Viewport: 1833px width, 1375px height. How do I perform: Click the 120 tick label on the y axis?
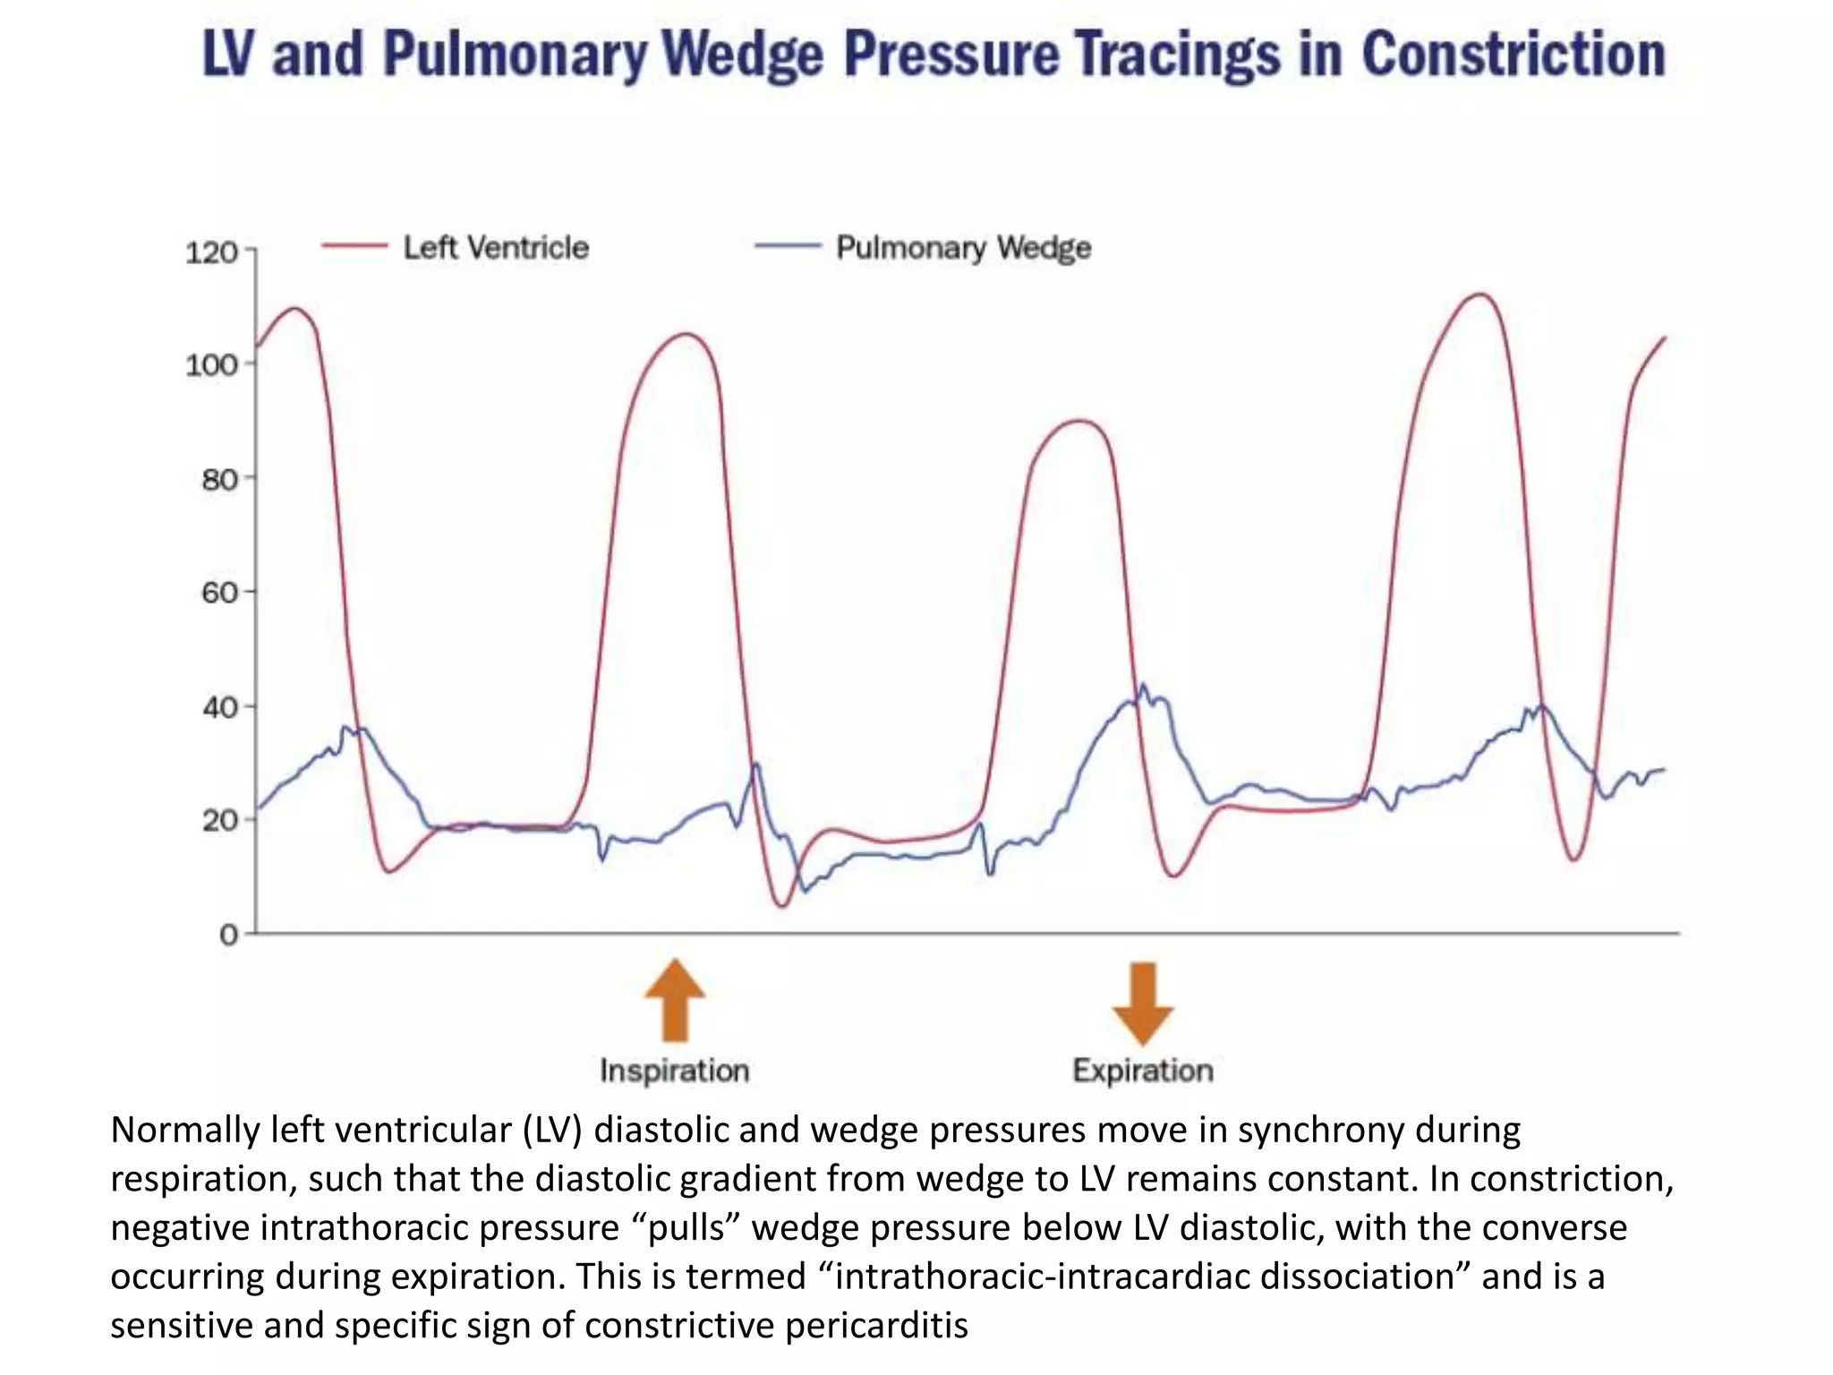pos(211,252)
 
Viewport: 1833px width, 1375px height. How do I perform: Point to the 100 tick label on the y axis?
pos(211,365)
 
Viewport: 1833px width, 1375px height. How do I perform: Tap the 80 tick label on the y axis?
pos(218,480)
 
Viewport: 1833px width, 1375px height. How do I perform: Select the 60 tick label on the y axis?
pos(218,593)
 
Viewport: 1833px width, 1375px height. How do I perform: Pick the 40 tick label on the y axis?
pos(218,707)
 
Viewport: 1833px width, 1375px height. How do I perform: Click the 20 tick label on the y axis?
pos(218,820)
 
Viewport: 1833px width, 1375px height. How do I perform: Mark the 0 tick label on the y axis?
pos(229,935)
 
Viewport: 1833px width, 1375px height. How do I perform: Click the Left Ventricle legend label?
pos(496,248)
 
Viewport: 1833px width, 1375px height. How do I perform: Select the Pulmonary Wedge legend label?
pos(963,248)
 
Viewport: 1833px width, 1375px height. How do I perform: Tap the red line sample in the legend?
pos(354,246)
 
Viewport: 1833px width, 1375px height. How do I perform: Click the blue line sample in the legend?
pos(788,245)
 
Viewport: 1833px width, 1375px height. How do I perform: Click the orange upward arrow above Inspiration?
pos(676,1000)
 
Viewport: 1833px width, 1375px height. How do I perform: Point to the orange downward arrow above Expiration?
pos(1143,1003)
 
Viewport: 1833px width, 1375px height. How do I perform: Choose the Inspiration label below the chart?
pos(674,1071)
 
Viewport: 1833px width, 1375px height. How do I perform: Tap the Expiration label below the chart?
pos(1143,1071)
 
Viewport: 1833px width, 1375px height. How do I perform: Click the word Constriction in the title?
pos(1513,56)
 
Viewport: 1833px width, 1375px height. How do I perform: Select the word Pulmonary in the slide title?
pos(515,56)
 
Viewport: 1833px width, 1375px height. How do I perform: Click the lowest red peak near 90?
pos(1080,421)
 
